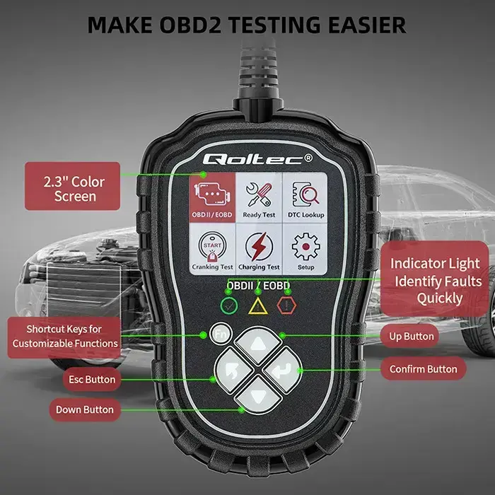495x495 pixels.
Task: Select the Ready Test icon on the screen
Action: coord(259,197)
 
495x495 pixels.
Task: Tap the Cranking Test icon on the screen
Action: coord(213,250)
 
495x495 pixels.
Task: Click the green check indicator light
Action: coord(228,306)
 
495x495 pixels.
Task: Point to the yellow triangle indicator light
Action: coord(257,306)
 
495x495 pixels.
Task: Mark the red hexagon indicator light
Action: coord(286,306)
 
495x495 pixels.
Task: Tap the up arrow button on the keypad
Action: coord(256,344)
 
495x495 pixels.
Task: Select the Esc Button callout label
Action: coord(92,380)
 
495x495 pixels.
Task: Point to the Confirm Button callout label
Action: coord(424,369)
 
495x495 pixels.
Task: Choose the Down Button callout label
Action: coord(84,409)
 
